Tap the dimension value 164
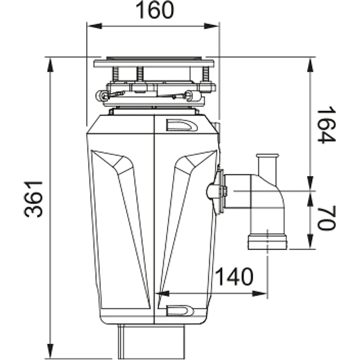325,125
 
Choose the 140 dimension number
233,277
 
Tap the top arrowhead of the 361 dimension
51,61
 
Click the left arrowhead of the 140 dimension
159,293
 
